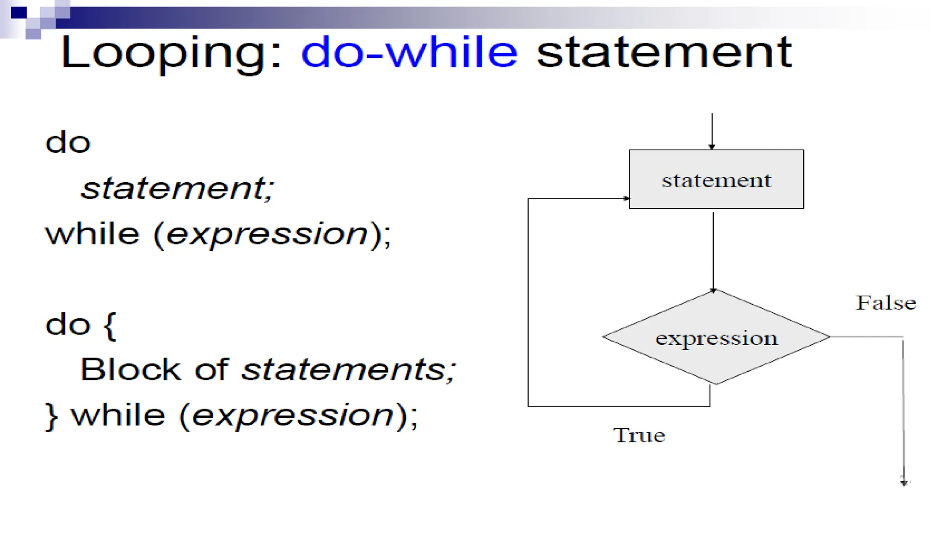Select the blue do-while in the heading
(x=409, y=52)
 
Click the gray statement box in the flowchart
(x=716, y=180)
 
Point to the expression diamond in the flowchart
(x=716, y=338)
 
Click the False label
(x=886, y=303)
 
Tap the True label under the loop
(x=639, y=435)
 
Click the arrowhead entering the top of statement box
(x=712, y=147)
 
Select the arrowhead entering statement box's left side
(x=626, y=198)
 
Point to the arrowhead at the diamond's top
(x=713, y=291)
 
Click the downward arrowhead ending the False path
(x=904, y=482)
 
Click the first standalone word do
(x=68, y=142)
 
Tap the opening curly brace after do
(x=110, y=325)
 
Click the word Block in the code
(x=130, y=370)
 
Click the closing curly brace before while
(x=51, y=416)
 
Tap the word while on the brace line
(x=118, y=415)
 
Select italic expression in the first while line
(x=267, y=234)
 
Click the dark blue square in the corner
(x=19, y=12)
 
